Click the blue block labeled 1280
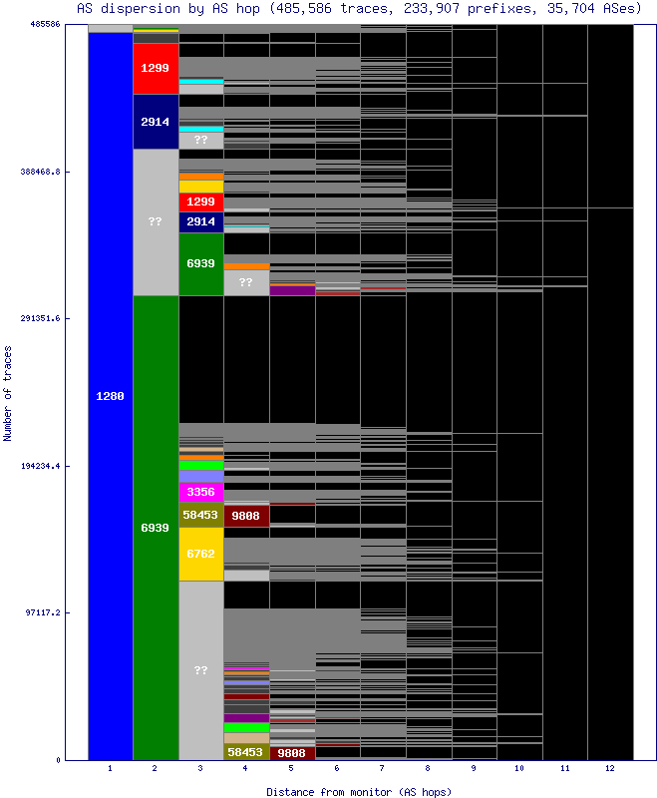(110, 396)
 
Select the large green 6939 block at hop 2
(156, 527)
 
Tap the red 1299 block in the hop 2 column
(156, 69)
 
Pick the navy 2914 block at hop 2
(156, 122)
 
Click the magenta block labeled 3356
(201, 492)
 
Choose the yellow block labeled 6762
(201, 554)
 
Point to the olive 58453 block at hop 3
(201, 515)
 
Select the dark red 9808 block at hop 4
(246, 516)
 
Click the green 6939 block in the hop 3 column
(201, 263)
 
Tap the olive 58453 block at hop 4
(246, 752)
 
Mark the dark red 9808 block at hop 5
(292, 753)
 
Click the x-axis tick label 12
(610, 769)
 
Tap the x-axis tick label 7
(383, 769)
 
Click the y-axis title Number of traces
(8, 392)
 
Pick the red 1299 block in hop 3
(201, 201)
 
